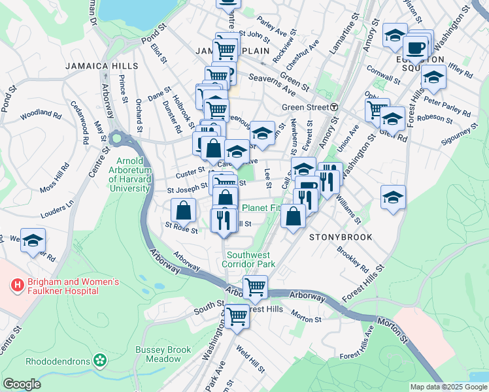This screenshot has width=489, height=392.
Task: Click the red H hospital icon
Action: pos(17,286)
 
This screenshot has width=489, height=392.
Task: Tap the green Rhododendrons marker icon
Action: pos(99,360)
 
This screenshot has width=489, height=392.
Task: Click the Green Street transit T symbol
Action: pos(333,107)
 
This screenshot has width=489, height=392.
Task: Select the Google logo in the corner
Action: pos(22,384)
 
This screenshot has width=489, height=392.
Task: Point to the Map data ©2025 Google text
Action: pos(448,387)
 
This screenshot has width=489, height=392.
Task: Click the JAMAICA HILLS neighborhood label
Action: pos(101,66)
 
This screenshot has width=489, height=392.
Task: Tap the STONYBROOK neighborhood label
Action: pos(341,237)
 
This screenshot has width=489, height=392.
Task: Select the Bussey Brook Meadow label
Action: pos(158,354)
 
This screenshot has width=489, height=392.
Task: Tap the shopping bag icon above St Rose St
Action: pos(184,210)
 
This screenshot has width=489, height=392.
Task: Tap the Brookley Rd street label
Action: pos(352,259)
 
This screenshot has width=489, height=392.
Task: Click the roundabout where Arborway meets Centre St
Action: pos(117,139)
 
